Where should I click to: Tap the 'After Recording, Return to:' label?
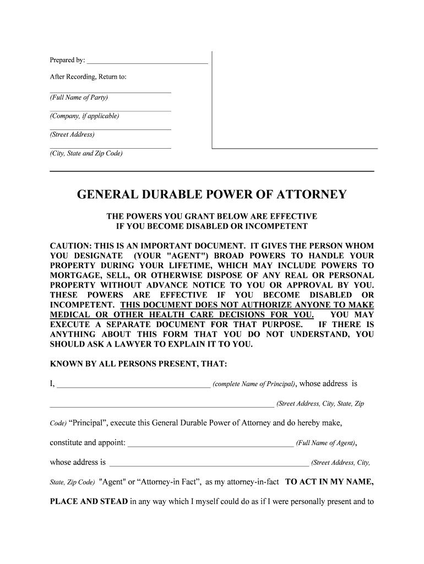coord(88,77)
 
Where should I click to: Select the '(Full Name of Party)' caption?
coord(79,97)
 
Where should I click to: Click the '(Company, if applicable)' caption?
coord(84,116)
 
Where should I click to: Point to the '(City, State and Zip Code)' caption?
coord(86,153)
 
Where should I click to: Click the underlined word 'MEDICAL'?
coord(71,314)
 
